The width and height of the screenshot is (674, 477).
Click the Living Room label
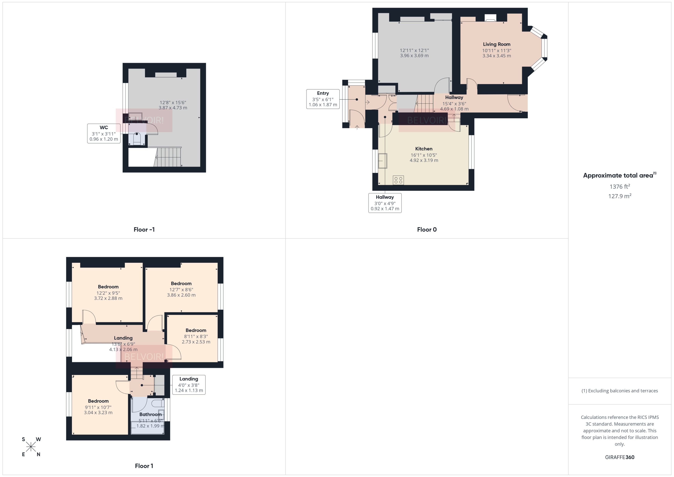[x=496, y=44]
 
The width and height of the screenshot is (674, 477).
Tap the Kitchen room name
[x=423, y=149]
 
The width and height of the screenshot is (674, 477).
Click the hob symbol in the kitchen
[x=398, y=180]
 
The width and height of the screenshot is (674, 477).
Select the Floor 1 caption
[x=144, y=466]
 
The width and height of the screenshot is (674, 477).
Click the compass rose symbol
[x=31, y=447]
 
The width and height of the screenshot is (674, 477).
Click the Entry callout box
[x=323, y=99]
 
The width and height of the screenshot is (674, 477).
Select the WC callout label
[x=104, y=128]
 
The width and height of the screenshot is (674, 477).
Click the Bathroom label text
[x=150, y=414]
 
